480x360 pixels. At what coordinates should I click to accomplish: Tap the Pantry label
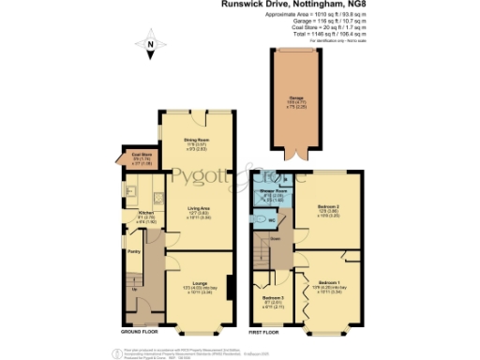click(134, 251)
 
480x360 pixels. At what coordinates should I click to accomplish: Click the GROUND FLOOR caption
click(140, 333)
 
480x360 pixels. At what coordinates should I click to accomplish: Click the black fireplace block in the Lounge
click(229, 287)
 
